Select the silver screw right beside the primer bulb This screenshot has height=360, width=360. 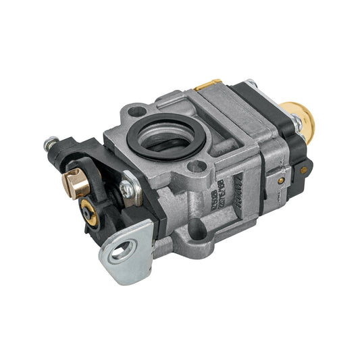pos(297,122)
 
